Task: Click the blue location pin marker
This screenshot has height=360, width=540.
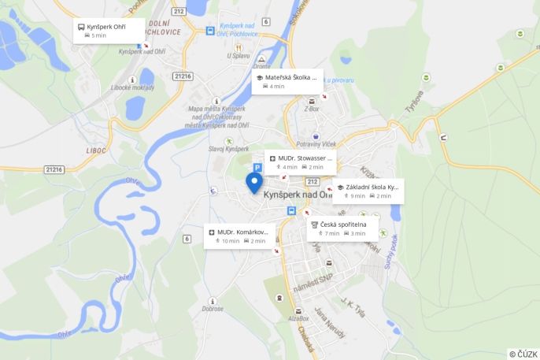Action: (253, 183)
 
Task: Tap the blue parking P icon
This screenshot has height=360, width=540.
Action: (257, 168)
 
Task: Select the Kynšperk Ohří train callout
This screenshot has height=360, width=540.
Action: (109, 31)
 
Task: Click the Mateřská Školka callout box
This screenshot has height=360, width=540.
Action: (287, 81)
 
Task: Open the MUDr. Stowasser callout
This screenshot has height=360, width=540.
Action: (300, 161)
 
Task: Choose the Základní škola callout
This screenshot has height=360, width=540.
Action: (368, 191)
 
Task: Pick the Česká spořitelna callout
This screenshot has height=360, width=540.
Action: (342, 228)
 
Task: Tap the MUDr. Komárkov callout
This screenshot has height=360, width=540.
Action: (239, 236)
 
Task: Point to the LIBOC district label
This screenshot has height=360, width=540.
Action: (96, 150)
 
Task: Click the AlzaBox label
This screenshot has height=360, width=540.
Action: (298, 319)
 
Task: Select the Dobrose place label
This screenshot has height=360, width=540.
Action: (212, 310)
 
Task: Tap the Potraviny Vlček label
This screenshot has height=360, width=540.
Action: (316, 144)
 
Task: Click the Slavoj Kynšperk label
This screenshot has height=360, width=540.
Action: (228, 149)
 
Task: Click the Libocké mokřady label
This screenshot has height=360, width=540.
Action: (133, 87)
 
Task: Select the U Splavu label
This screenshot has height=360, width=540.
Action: (239, 55)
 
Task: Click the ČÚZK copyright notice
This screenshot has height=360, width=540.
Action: (523, 354)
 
